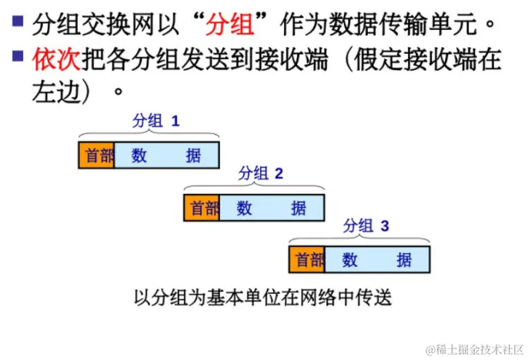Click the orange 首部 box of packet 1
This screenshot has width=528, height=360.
96,155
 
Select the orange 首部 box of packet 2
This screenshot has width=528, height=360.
202,208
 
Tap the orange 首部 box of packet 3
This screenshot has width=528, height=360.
307,260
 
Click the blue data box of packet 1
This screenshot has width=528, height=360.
166,155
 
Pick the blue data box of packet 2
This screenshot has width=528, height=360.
272,208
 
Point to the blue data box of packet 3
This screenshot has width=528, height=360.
376,260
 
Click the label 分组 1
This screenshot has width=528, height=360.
155,121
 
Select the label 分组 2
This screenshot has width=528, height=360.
261,173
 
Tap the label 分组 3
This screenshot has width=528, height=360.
366,225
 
